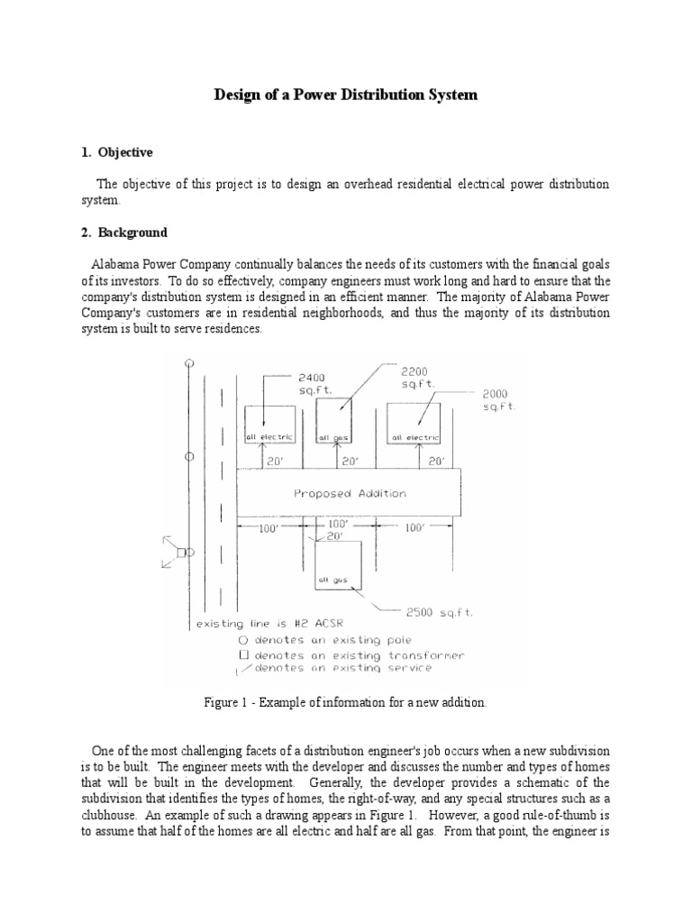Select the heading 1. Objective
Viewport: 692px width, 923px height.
pyautogui.click(x=117, y=152)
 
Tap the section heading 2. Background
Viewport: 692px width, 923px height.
pyautogui.click(x=123, y=233)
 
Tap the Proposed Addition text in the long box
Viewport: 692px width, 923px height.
pyautogui.click(x=350, y=493)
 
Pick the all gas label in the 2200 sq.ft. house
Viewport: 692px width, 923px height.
pyautogui.click(x=333, y=439)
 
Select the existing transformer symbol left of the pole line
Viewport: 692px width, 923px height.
pyautogui.click(x=181, y=552)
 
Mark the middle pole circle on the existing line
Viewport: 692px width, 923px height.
pyautogui.click(x=189, y=457)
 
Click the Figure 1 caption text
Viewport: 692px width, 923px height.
pyautogui.click(x=345, y=702)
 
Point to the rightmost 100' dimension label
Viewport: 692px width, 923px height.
pyautogui.click(x=414, y=528)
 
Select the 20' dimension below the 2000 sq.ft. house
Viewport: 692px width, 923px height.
pyautogui.click(x=436, y=461)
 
